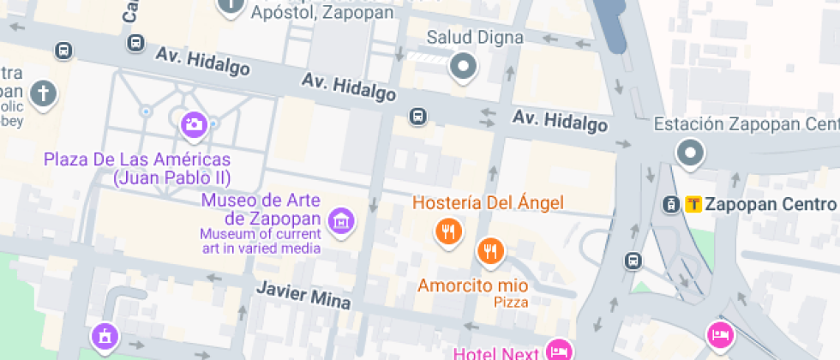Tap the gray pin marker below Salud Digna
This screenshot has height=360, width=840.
pos(464,66)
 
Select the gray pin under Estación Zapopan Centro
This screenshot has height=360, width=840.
pos(689,154)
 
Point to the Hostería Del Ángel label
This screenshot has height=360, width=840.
pos(488,203)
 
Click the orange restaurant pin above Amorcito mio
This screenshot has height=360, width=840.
pos(489,250)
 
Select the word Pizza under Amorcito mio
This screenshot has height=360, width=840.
pos(511,302)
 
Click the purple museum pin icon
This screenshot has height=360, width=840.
pos(341,221)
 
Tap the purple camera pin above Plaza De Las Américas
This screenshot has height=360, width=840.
pos(195,125)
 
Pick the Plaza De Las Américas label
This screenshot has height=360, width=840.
pos(137,168)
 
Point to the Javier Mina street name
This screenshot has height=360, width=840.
pos(292,293)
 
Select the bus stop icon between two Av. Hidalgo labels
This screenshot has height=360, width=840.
pos(417,116)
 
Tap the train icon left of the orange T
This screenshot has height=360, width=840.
pos(672,204)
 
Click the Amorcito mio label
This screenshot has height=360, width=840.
pos(473,285)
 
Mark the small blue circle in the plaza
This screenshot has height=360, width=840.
pos(147,111)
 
